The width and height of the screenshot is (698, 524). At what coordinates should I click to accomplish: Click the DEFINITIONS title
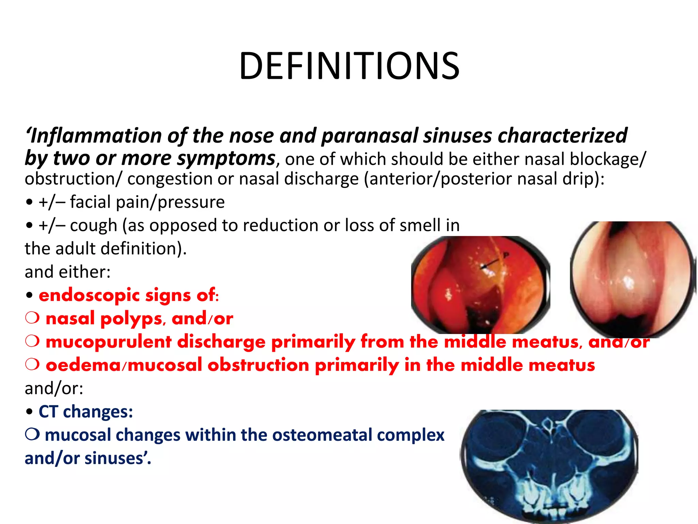pyautogui.click(x=349, y=66)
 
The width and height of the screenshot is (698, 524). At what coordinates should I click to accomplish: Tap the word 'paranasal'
pyautogui.click(x=369, y=136)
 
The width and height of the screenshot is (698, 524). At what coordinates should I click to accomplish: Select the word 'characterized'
pyautogui.click(x=562, y=136)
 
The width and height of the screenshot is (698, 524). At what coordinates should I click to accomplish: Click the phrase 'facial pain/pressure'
pyautogui.click(x=147, y=202)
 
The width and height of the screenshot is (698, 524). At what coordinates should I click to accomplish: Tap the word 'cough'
pyautogui.click(x=93, y=225)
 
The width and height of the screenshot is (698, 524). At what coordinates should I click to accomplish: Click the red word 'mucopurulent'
pyautogui.click(x=108, y=342)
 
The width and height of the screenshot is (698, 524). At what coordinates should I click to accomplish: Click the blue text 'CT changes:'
pyautogui.click(x=86, y=411)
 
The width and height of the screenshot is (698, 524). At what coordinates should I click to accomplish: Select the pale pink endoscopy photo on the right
pyautogui.click(x=632, y=279)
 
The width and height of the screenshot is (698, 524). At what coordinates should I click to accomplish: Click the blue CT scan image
pyautogui.click(x=549, y=466)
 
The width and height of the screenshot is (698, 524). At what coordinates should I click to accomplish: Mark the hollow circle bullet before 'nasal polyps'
pyautogui.click(x=32, y=318)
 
